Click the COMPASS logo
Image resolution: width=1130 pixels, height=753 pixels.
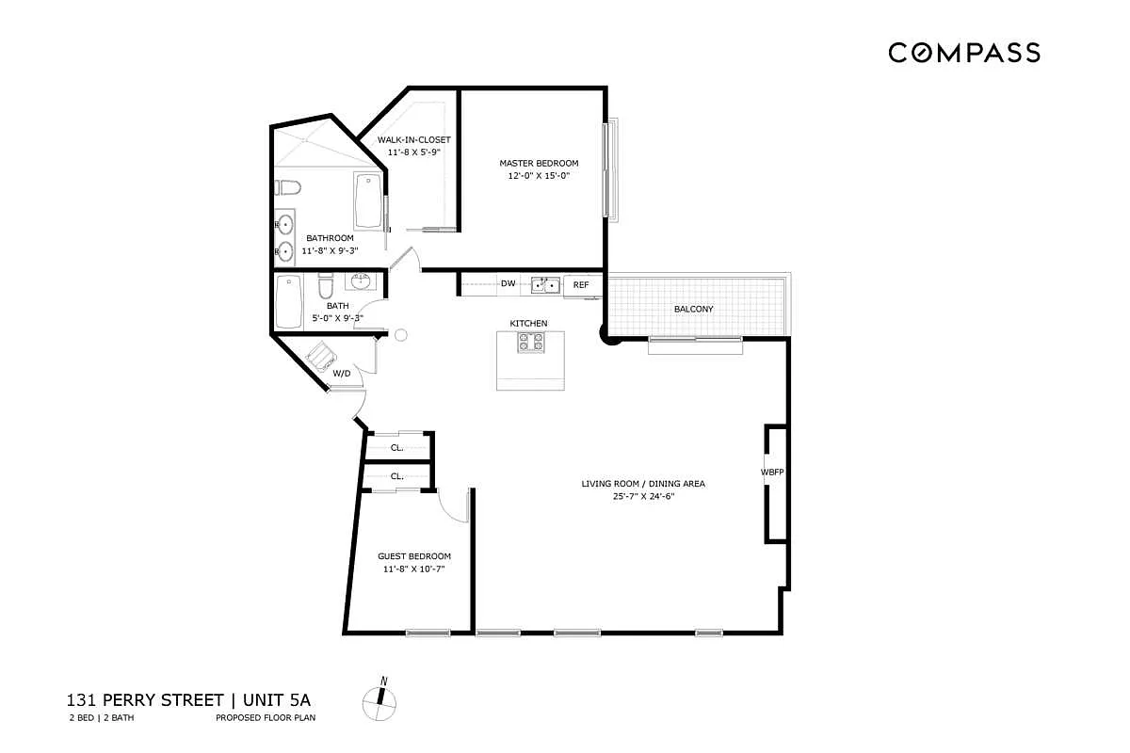(964, 53)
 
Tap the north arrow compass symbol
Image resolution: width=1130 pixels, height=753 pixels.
(380, 697)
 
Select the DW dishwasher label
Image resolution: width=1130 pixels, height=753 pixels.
(508, 283)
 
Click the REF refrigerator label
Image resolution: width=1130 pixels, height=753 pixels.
(581, 284)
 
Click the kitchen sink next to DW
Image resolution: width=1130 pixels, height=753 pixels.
(545, 284)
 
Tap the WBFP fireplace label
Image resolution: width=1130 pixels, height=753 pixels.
(772, 471)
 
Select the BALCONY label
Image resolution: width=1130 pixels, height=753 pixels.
(693, 309)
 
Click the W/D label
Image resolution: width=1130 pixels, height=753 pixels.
(342, 374)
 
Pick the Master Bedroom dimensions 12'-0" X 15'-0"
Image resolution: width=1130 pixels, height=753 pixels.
(539, 175)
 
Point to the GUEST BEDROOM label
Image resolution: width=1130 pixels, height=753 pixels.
(414, 556)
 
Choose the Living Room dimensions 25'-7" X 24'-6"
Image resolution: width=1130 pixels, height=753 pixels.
(642, 496)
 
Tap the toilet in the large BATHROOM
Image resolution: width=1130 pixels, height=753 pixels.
(288, 185)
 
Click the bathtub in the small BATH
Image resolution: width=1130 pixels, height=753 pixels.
(288, 301)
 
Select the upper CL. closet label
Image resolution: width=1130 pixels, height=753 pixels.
(397, 447)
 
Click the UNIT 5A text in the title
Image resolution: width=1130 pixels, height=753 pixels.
(279, 700)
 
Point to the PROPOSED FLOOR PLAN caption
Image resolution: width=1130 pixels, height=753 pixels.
(265, 718)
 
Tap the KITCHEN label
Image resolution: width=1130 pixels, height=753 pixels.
(528, 324)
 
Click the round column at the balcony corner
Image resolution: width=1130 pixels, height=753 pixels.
(608, 334)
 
